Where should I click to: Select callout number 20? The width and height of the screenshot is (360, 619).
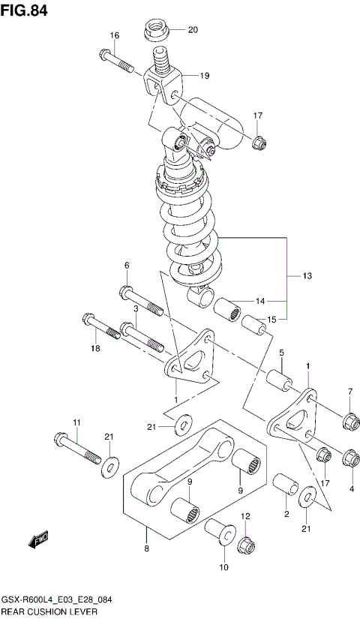point(192,31)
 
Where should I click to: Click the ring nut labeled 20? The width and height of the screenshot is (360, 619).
point(155,31)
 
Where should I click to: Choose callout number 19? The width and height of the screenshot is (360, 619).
point(204,76)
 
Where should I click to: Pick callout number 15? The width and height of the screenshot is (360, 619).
point(271,319)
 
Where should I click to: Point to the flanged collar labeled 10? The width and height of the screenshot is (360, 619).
point(218,532)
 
